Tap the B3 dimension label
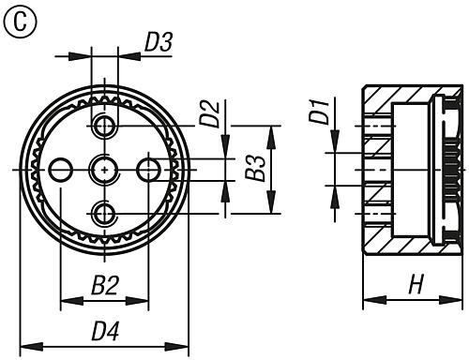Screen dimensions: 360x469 tap(250, 168)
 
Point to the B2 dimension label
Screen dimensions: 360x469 tap(104, 285)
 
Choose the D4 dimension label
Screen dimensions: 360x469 tap(104, 329)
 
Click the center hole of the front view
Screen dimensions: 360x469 tap(104, 169)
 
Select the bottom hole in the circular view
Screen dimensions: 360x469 tap(104, 212)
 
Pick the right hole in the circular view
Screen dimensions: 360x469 tap(148, 169)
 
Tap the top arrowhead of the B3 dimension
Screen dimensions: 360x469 tap(271, 130)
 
